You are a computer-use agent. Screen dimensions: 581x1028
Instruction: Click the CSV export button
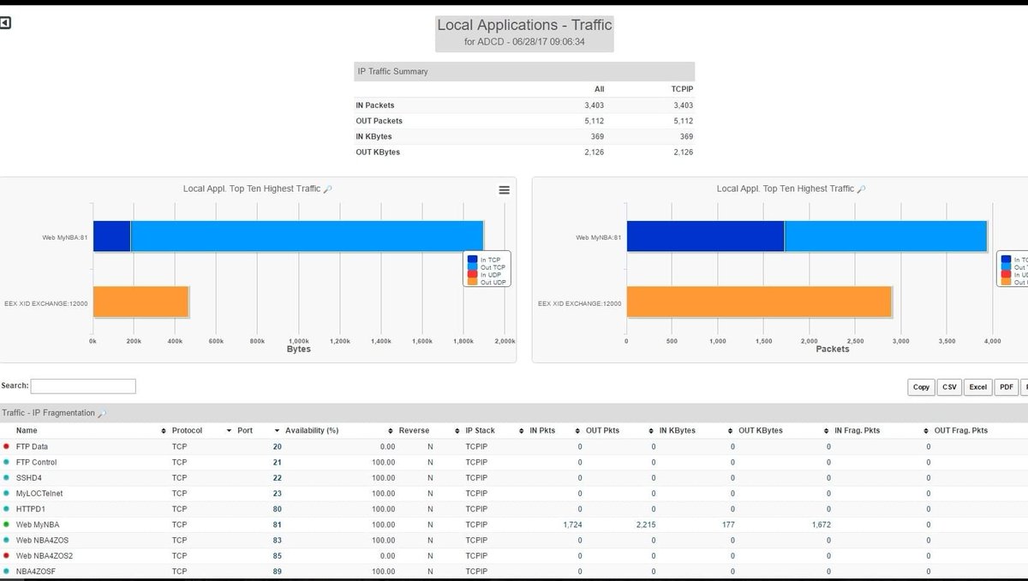949,387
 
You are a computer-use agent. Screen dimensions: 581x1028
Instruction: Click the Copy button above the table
921,387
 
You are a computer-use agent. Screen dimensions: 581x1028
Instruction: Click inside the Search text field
83,386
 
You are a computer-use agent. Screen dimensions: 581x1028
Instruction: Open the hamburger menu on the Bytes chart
504,190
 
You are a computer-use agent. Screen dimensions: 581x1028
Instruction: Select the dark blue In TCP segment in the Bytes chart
111,237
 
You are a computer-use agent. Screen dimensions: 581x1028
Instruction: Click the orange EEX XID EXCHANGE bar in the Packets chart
759,302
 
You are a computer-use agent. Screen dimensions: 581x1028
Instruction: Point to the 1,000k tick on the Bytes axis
298,340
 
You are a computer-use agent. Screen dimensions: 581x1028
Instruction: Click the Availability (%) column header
312,430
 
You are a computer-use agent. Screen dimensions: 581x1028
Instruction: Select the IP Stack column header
480,430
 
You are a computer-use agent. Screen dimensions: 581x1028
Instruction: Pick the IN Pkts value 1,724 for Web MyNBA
572,524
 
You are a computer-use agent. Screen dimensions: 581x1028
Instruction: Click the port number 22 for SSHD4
277,478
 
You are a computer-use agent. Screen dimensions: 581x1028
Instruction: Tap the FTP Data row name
32,446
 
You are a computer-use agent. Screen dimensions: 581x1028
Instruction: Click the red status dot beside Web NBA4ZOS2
6,555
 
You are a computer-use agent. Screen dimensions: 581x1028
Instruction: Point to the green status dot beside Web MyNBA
6,524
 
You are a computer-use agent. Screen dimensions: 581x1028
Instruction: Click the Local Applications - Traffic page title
524,26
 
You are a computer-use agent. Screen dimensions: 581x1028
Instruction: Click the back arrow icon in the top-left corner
5,23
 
